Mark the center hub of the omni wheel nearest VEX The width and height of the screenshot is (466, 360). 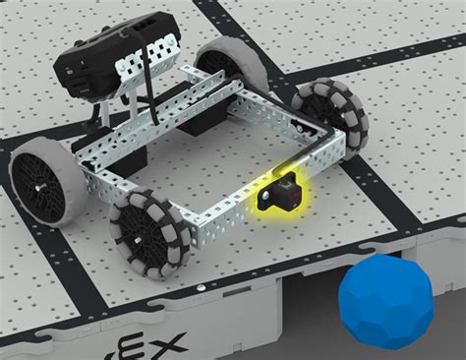pos(147,234)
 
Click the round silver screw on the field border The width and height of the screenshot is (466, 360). pos(200,288)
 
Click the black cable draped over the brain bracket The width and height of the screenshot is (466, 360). pos(147,54)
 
